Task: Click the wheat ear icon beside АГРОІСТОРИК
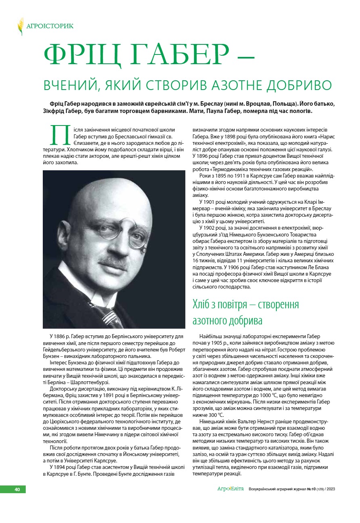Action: coord(20,26)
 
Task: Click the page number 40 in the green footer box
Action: coord(17,489)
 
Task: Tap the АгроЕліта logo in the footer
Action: coord(230,489)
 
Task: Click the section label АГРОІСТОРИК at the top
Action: coord(50,26)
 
